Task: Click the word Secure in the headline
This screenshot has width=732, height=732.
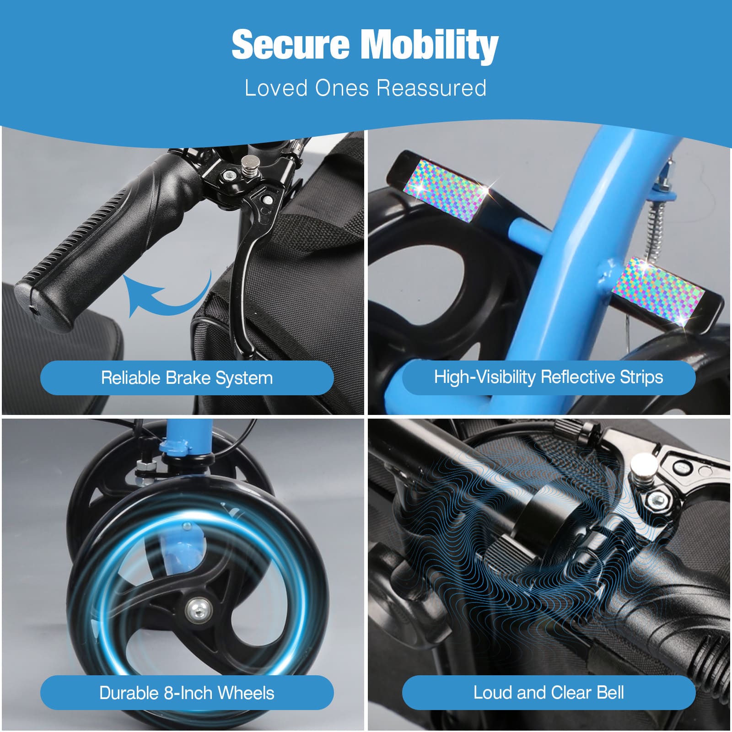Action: [x=291, y=44]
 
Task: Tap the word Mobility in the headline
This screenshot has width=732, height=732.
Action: [x=430, y=46]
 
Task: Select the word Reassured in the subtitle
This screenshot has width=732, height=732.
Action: [x=431, y=87]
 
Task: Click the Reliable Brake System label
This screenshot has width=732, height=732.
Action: [x=187, y=378]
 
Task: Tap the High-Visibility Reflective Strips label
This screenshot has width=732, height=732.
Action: [x=549, y=377]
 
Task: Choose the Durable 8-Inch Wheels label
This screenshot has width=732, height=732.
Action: [x=187, y=693]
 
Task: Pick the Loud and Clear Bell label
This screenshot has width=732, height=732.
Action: [x=549, y=692]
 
